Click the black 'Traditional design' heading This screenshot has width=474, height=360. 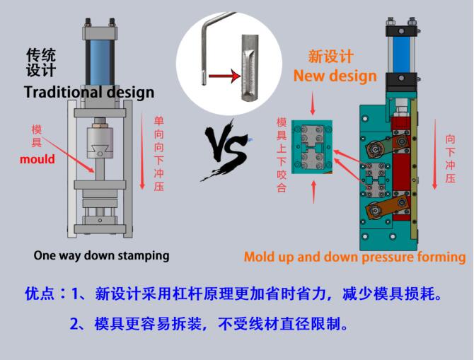coord(89,93)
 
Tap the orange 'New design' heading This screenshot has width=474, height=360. coord(335,76)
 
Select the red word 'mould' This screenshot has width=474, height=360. coord(37,159)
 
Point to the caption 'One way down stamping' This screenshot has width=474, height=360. coord(101,255)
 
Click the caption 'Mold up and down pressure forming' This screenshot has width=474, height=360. coord(354,257)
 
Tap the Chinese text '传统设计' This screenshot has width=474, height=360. coord(40,63)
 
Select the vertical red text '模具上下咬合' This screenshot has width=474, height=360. coord(282,156)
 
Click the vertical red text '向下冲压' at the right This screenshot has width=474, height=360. coord(450,159)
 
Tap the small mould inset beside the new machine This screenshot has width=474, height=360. coord(316,149)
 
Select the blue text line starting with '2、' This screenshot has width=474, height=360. coord(209,325)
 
